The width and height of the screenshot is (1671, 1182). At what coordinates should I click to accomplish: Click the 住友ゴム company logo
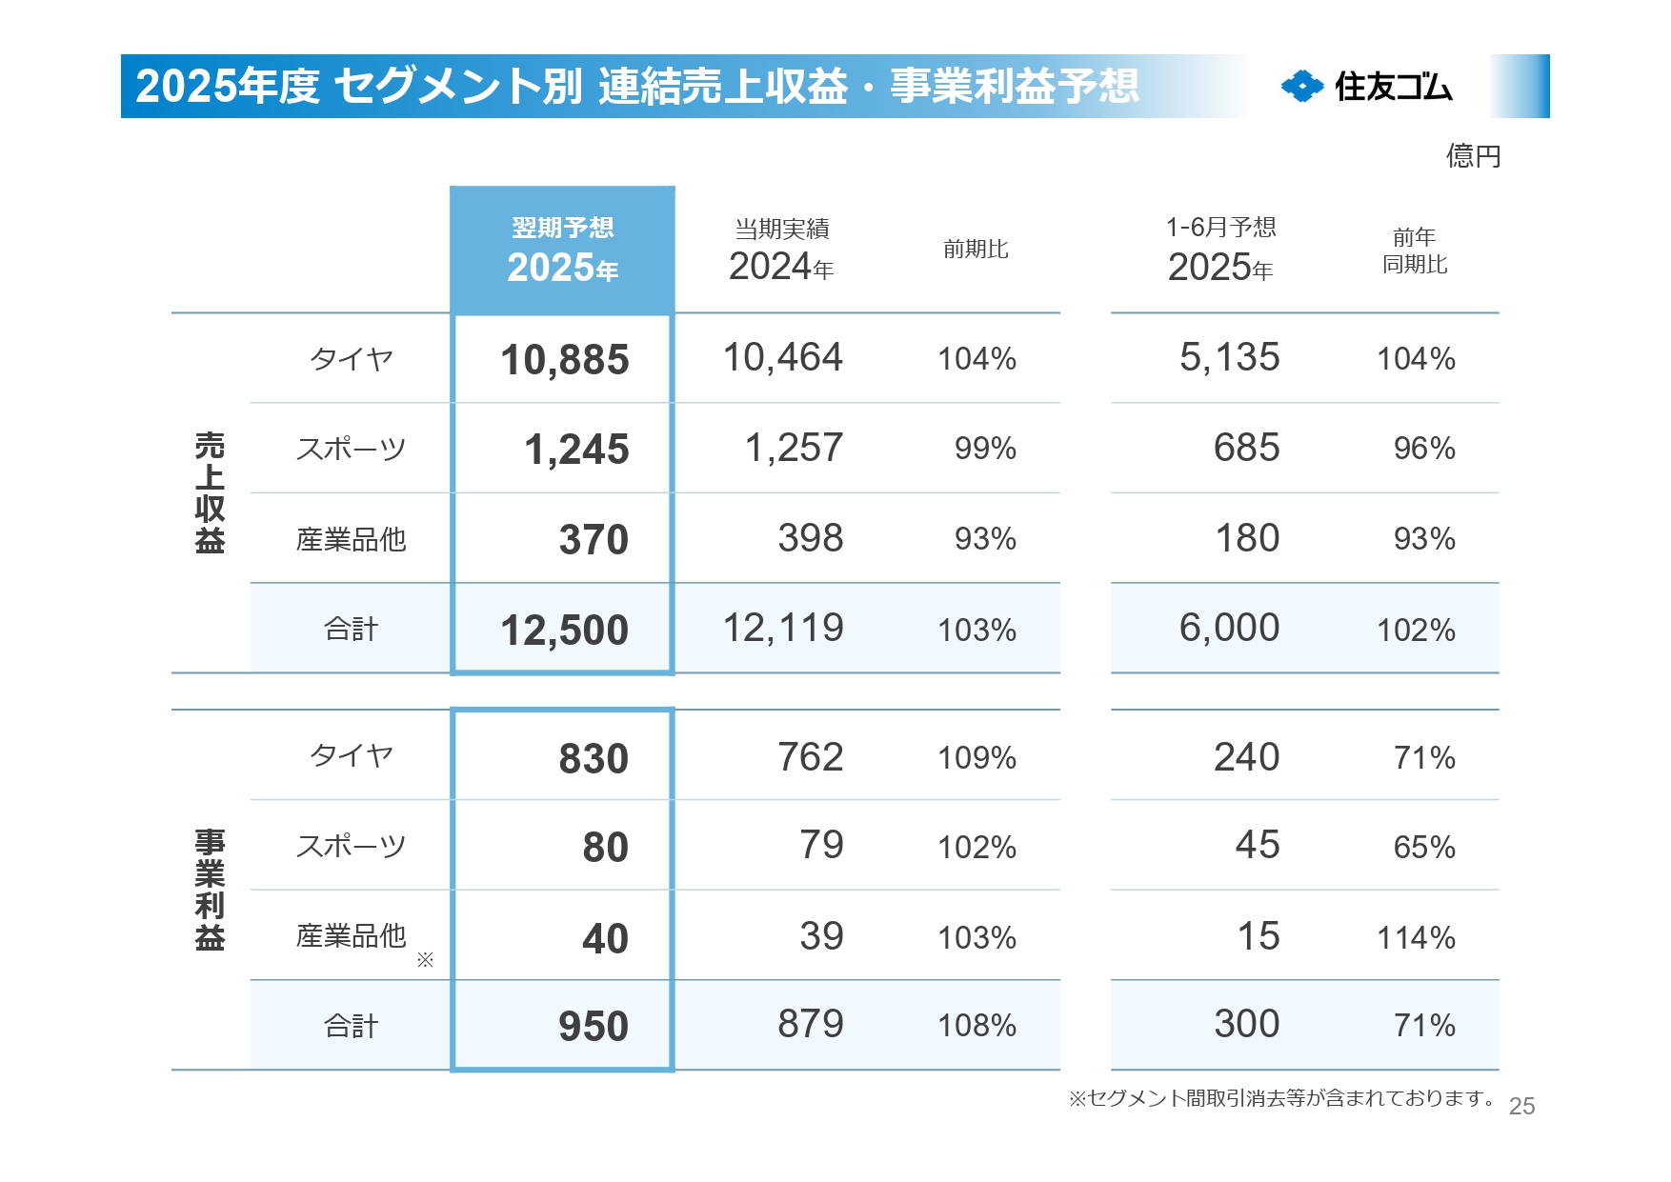click(1366, 87)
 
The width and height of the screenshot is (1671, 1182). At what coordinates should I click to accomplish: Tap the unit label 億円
click(1473, 155)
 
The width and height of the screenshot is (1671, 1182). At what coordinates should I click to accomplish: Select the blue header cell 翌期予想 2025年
click(563, 250)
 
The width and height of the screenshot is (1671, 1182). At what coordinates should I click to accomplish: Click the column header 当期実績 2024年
click(781, 250)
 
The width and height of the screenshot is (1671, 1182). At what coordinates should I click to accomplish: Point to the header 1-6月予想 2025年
click(1220, 250)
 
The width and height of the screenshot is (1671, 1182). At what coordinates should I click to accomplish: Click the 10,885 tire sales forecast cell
click(564, 360)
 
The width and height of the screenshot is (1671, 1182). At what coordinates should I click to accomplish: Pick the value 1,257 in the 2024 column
click(794, 448)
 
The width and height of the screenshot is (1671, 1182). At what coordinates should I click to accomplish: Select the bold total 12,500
click(564, 631)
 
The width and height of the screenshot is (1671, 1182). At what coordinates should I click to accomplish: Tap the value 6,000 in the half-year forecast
click(1229, 628)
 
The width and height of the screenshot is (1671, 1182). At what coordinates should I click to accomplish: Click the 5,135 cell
click(1229, 358)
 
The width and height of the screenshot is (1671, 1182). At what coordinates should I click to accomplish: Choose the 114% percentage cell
click(1416, 938)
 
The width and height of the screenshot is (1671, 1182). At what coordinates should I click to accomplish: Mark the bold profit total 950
click(593, 1027)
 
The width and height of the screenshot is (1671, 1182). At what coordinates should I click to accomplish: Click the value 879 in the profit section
click(810, 1025)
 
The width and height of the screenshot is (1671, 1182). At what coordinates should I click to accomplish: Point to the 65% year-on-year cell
click(1424, 847)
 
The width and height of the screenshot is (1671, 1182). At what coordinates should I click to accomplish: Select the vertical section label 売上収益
click(210, 492)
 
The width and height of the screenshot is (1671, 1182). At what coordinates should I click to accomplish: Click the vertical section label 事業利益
click(210, 890)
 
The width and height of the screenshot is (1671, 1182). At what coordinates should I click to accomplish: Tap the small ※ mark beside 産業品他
click(425, 960)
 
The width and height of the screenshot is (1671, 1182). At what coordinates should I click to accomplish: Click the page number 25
click(1521, 1106)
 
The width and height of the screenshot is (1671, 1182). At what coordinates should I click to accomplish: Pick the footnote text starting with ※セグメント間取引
click(1281, 1098)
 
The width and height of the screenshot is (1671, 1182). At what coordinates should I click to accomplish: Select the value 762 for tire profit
click(810, 757)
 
